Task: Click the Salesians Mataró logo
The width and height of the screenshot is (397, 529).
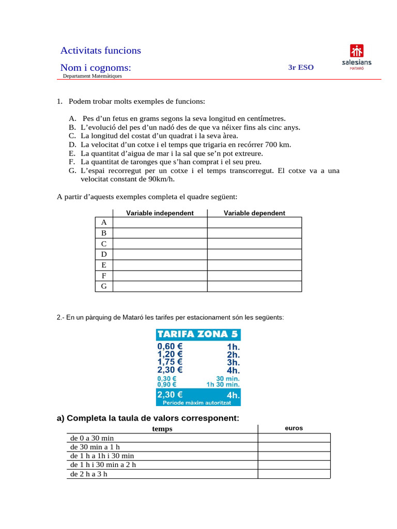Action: click(x=357, y=57)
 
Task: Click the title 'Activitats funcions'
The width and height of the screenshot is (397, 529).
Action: click(x=100, y=50)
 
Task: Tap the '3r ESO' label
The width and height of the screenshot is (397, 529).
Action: click(x=301, y=67)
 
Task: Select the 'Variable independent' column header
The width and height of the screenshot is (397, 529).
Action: click(x=160, y=213)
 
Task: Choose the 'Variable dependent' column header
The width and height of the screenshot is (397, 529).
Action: click(x=254, y=213)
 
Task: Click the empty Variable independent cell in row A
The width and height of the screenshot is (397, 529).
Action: click(x=160, y=222)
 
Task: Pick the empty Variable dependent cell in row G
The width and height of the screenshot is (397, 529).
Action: click(x=254, y=286)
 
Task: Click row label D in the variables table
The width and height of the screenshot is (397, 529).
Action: click(x=104, y=254)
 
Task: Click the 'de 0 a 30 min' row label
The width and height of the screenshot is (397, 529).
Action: click(x=92, y=438)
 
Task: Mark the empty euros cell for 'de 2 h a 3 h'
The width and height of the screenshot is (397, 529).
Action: click(x=294, y=474)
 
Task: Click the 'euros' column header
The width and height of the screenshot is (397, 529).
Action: click(x=294, y=428)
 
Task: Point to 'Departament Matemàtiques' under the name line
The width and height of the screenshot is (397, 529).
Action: click(x=93, y=76)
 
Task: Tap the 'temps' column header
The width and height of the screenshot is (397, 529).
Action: click(x=162, y=429)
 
